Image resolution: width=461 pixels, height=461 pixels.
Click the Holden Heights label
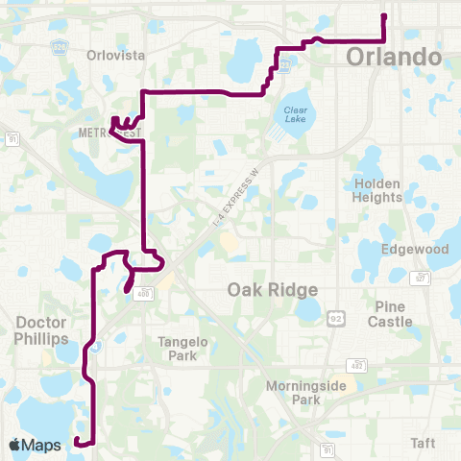click(x=377, y=190)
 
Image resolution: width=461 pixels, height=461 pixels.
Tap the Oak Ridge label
click(x=273, y=289)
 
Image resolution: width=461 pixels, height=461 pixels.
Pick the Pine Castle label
click(x=391, y=314)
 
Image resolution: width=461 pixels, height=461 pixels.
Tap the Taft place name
click(x=423, y=443)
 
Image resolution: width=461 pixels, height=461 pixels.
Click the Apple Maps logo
click(x=36, y=445)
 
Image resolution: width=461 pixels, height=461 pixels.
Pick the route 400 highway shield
click(x=141, y=292)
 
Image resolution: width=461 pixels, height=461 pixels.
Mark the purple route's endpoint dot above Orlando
click(x=384, y=16)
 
